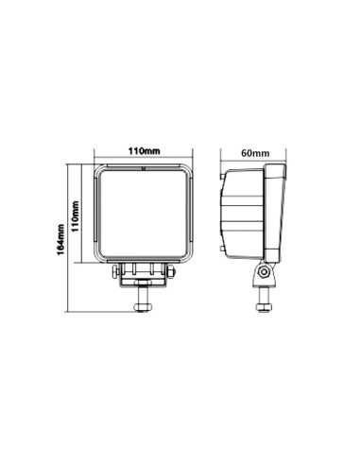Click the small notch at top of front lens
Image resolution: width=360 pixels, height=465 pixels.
click(x=144, y=169)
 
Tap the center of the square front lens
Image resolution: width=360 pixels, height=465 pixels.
click(x=144, y=214)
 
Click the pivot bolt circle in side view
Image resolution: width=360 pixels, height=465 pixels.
click(x=264, y=274)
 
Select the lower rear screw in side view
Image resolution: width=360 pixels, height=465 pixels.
click(x=223, y=249)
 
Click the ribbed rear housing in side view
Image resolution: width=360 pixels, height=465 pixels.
click(x=244, y=213)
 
